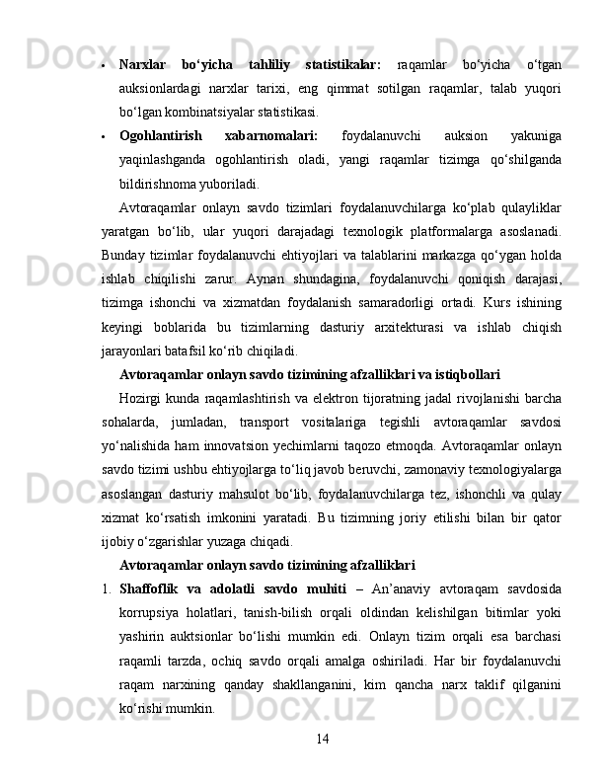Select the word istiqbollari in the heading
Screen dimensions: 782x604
tap(463, 374)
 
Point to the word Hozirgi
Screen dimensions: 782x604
tap(144, 398)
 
